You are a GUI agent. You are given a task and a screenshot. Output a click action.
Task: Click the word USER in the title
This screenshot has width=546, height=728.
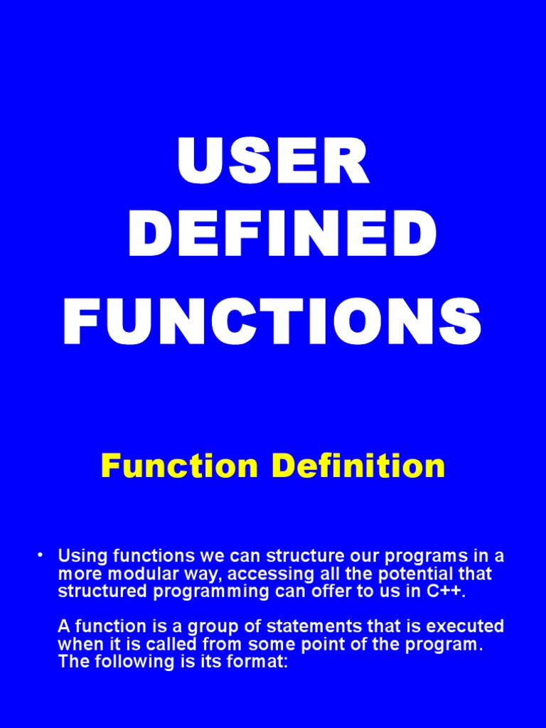[x=273, y=162]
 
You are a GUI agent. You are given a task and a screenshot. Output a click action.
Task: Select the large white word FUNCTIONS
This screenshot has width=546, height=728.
[x=273, y=323]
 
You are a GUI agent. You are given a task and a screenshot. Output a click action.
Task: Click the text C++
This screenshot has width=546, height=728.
[x=445, y=591]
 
